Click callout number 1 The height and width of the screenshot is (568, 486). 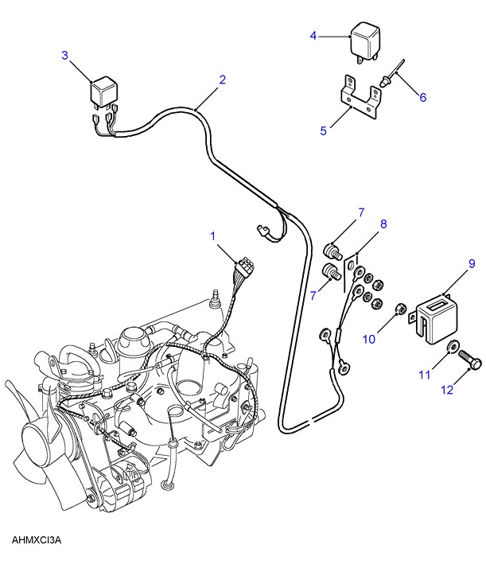tap(213, 235)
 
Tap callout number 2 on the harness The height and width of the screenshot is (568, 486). tap(222, 80)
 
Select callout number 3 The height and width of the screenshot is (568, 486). tap(65, 55)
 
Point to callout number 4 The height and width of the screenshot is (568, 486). tap(313, 36)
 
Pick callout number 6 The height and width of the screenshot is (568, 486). tap(423, 98)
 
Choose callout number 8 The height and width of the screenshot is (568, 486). tap(383, 224)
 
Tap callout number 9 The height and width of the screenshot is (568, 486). tap(471, 263)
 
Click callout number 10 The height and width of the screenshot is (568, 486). tap(369, 339)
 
